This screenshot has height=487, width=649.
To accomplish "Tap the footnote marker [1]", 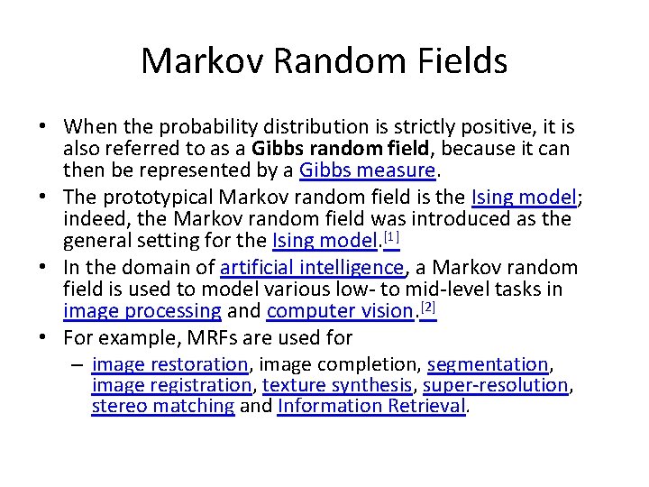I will pos(391,238).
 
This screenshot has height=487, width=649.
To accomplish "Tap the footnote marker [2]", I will pos(428,308).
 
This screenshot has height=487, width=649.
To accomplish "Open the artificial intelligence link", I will pos(313,268).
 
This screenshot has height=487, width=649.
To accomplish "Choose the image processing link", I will pos(142,311).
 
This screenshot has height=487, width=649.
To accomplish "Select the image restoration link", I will pos(169,364).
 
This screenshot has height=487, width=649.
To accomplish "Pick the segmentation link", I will pos(488,364).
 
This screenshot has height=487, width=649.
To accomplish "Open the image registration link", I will pos(171,385).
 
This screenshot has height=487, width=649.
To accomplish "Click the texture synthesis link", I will pos(337,385).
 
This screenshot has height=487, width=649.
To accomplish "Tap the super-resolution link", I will pos(495,385).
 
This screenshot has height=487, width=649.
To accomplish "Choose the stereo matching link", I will pos(163,406).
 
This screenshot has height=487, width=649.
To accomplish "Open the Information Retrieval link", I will pos(371,406).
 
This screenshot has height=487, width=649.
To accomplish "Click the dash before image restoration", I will pos(78,365).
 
